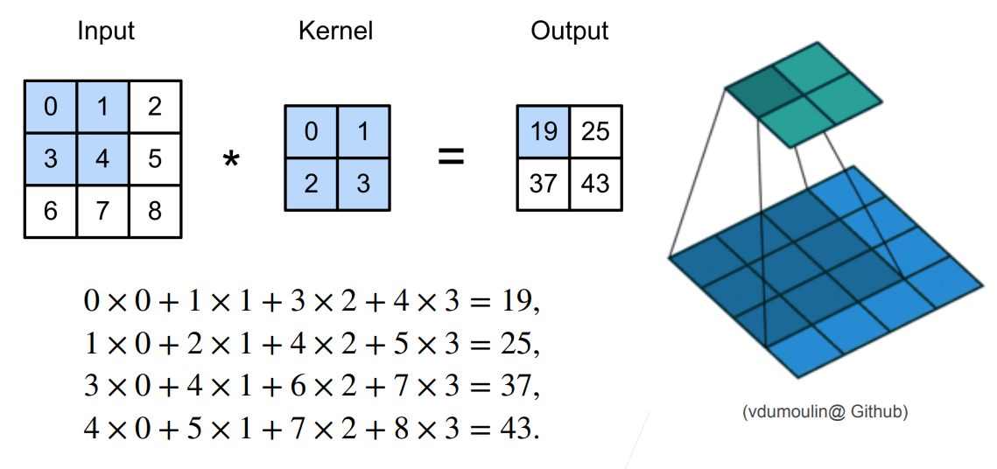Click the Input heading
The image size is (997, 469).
coord(106,31)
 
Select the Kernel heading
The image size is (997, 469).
coord(336,31)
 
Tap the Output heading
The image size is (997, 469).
coord(570,31)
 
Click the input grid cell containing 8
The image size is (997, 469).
coord(155,211)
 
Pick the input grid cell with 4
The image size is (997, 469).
coord(103,159)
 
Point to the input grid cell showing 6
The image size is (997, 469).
coord(51,211)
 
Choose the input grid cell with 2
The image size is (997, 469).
coord(155,107)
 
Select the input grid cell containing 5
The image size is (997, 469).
coord(155,159)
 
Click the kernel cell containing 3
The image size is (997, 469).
coord(362,185)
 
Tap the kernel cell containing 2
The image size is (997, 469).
coord(311,185)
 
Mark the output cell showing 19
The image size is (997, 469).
coord(543,131)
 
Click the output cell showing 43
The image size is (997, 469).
coord(596,185)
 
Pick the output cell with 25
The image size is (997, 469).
coord(596,131)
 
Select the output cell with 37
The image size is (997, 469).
coord(543,185)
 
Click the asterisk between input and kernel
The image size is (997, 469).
coord(231,161)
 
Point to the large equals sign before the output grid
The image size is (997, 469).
coord(452,157)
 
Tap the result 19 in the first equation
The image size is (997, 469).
coord(516,301)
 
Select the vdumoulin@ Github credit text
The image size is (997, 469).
coord(825,412)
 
